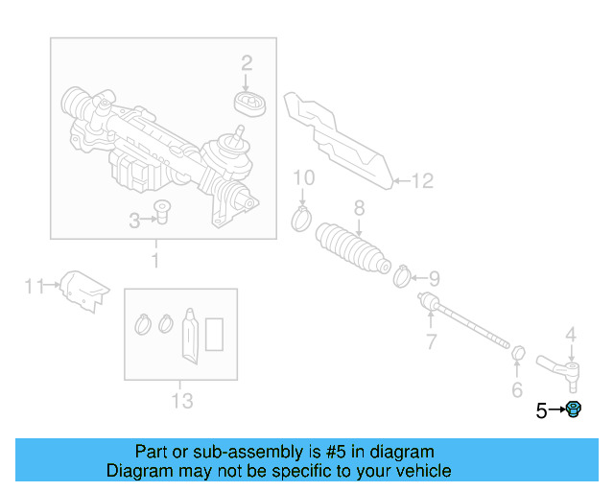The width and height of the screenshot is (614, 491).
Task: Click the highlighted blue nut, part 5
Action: point(574,410)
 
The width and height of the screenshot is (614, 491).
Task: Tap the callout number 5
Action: point(541,410)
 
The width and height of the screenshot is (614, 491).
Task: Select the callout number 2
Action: point(247,63)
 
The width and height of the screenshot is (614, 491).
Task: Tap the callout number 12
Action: point(423,179)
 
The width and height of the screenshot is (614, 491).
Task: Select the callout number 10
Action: point(303,177)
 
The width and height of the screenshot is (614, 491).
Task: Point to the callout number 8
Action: point(359,207)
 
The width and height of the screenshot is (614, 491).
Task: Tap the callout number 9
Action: point(434,279)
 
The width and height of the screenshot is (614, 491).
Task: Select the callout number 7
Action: point(431,340)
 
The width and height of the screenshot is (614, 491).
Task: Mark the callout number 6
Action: point(516,389)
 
